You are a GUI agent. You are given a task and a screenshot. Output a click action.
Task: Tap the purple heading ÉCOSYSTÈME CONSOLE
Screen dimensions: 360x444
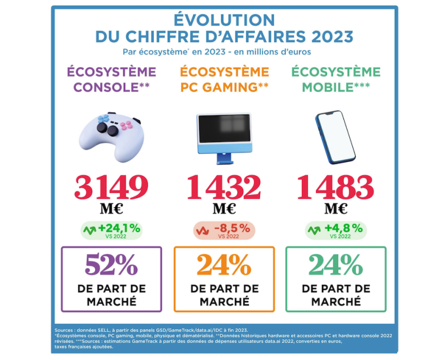coord(112,80)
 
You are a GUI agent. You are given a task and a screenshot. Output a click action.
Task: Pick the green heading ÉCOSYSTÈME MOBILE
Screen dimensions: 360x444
coord(336,80)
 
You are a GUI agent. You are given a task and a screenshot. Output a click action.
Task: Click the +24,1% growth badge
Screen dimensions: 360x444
coord(112,230)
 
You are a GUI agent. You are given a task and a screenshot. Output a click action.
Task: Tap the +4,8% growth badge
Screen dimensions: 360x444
coord(336,230)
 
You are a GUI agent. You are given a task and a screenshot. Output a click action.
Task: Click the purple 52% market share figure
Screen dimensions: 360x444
coord(112,265)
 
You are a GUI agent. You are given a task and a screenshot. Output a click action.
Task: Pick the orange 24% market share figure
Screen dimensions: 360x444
coord(224,265)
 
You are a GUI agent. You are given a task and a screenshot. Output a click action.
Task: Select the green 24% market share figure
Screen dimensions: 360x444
coord(336,265)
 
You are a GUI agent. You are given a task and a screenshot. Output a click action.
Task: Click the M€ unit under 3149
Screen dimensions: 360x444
coord(112,209)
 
